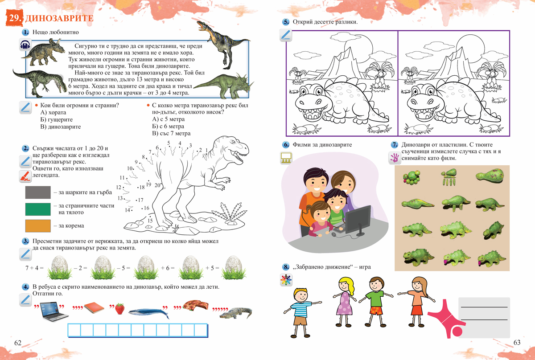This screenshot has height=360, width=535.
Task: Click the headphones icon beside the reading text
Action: click(25, 45)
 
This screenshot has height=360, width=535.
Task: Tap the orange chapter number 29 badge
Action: click(14, 18)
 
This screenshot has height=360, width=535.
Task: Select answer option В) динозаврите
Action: click(61, 127)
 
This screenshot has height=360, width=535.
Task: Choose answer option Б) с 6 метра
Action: click(168, 126)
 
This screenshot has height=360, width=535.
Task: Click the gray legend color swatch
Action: click(38, 192)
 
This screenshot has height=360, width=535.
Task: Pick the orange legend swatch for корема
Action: click(38, 226)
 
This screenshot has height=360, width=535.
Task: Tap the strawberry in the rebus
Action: click(120, 309)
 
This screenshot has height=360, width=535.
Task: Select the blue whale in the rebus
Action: click(148, 313)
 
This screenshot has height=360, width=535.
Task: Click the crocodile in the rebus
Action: click(236, 313)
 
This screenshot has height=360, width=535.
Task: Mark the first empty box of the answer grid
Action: click(74, 330)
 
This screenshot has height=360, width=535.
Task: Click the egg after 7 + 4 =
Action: click(60, 267)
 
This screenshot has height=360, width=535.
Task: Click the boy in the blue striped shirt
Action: click(302, 313)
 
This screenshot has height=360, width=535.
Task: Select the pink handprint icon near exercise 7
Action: click(394, 158)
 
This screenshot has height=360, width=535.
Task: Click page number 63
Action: click(517, 343)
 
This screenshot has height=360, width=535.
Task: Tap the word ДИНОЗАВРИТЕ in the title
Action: click(59, 18)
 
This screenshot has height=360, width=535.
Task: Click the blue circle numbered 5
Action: click(286, 22)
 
